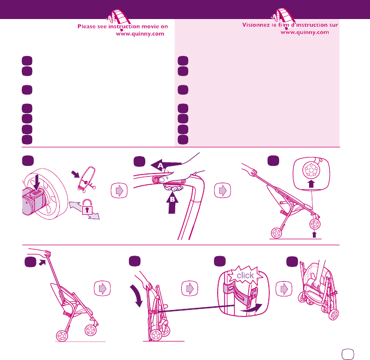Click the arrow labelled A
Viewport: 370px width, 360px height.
165,166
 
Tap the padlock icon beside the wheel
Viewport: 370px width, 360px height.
87,207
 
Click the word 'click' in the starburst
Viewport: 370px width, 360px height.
245,275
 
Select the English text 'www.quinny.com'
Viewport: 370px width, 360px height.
140,34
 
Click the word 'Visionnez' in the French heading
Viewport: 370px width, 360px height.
256,25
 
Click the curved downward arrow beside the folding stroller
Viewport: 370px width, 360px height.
137,295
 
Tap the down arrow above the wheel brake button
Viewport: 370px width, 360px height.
36,182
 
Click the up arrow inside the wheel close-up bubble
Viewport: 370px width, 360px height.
311,184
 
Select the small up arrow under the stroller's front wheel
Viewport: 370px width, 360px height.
314,234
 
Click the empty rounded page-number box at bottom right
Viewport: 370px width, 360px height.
348,354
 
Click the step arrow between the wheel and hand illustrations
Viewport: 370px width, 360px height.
119,190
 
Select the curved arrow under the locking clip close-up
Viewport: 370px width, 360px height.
252,309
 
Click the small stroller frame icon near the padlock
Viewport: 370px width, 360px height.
87,179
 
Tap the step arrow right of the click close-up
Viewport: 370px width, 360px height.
284,289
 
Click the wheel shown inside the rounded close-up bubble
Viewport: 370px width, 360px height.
311,170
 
